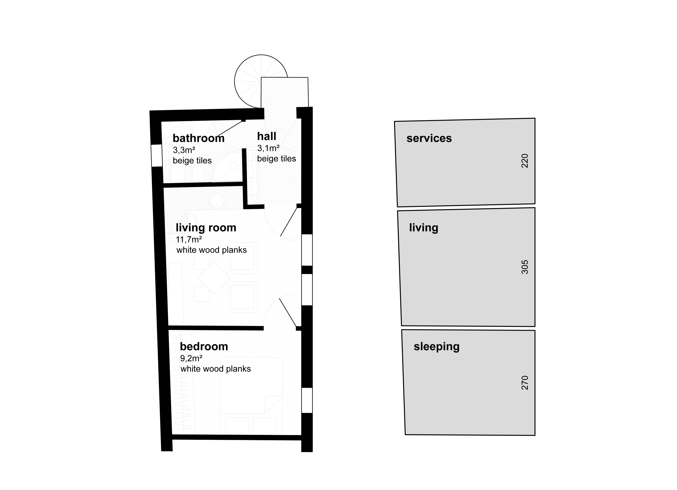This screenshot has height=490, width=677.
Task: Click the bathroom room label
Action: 198,138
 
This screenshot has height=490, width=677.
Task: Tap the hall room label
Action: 267,136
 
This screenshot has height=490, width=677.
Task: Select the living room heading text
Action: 206,228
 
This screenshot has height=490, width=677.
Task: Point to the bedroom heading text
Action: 204,347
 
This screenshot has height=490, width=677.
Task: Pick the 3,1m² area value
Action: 268,148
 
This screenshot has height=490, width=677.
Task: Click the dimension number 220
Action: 524,161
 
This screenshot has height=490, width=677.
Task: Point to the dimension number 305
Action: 524,267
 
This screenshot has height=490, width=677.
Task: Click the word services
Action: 429,138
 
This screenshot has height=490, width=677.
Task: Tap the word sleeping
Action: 436,347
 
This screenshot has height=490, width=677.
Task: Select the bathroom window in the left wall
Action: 156,155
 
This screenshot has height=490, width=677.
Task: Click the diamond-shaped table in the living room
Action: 214,278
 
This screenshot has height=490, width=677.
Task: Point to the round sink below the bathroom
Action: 217,201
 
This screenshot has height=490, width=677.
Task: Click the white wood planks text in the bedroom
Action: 215,369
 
